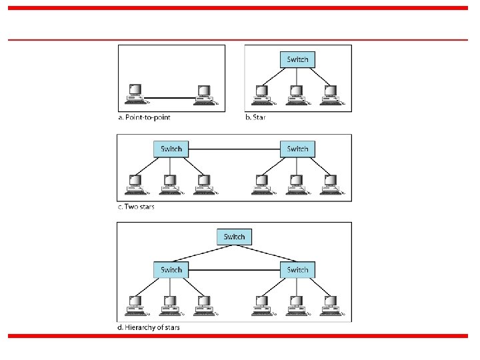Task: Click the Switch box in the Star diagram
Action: [x=297, y=59]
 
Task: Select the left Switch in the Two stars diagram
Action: [x=171, y=148]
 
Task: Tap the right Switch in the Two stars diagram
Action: [x=297, y=148]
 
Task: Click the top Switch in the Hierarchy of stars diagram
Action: [x=234, y=237]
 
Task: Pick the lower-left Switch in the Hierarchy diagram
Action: [x=171, y=269]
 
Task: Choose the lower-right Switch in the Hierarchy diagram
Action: [x=297, y=269]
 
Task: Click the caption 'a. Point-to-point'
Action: [x=145, y=118]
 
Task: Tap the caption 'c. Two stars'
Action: [x=136, y=207]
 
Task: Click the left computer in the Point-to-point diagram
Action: [x=135, y=93]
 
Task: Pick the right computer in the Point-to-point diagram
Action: [x=203, y=93]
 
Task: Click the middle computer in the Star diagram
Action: [x=294, y=94]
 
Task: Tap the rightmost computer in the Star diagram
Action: [x=329, y=94]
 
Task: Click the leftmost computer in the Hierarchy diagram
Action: [x=135, y=303]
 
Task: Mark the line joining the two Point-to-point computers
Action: [x=170, y=98]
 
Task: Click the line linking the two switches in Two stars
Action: [x=234, y=148]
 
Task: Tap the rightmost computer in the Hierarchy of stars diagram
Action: [x=329, y=303]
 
